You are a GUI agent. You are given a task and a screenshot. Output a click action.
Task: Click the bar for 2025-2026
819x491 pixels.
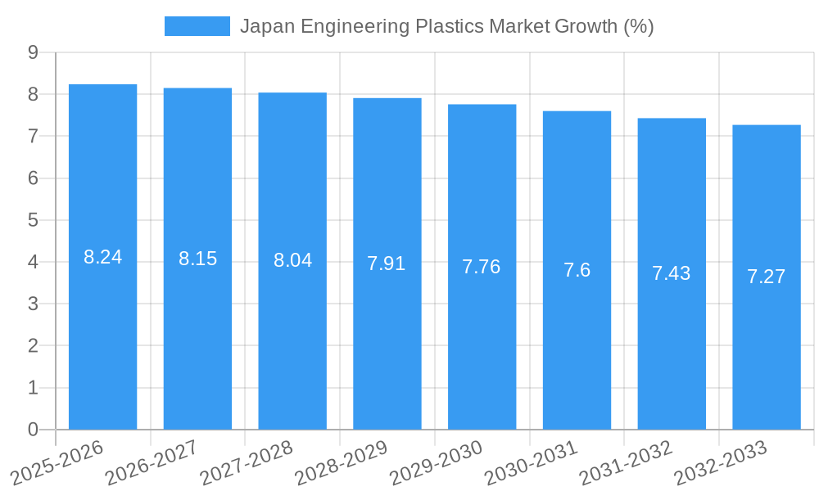(102, 257)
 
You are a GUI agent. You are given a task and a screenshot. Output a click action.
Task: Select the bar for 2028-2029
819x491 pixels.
(387, 264)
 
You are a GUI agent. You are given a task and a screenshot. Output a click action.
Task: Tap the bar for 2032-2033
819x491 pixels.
(766, 277)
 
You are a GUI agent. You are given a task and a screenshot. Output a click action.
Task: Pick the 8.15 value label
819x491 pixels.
(197, 259)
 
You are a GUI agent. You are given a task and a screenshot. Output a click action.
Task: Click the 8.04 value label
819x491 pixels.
(292, 260)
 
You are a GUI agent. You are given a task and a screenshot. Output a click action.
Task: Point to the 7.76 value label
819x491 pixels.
(482, 267)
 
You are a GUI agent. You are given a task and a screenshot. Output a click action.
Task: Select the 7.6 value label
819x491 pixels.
(577, 270)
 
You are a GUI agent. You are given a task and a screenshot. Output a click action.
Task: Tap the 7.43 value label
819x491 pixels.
(672, 273)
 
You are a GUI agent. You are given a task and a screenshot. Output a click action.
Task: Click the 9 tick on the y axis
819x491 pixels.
(34, 52)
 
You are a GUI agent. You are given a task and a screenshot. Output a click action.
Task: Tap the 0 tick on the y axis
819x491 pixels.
(34, 430)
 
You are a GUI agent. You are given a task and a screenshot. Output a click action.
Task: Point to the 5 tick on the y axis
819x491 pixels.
(34, 220)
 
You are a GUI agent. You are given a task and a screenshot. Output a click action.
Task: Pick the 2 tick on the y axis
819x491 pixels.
(34, 346)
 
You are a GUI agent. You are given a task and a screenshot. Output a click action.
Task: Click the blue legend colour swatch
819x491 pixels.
(197, 26)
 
